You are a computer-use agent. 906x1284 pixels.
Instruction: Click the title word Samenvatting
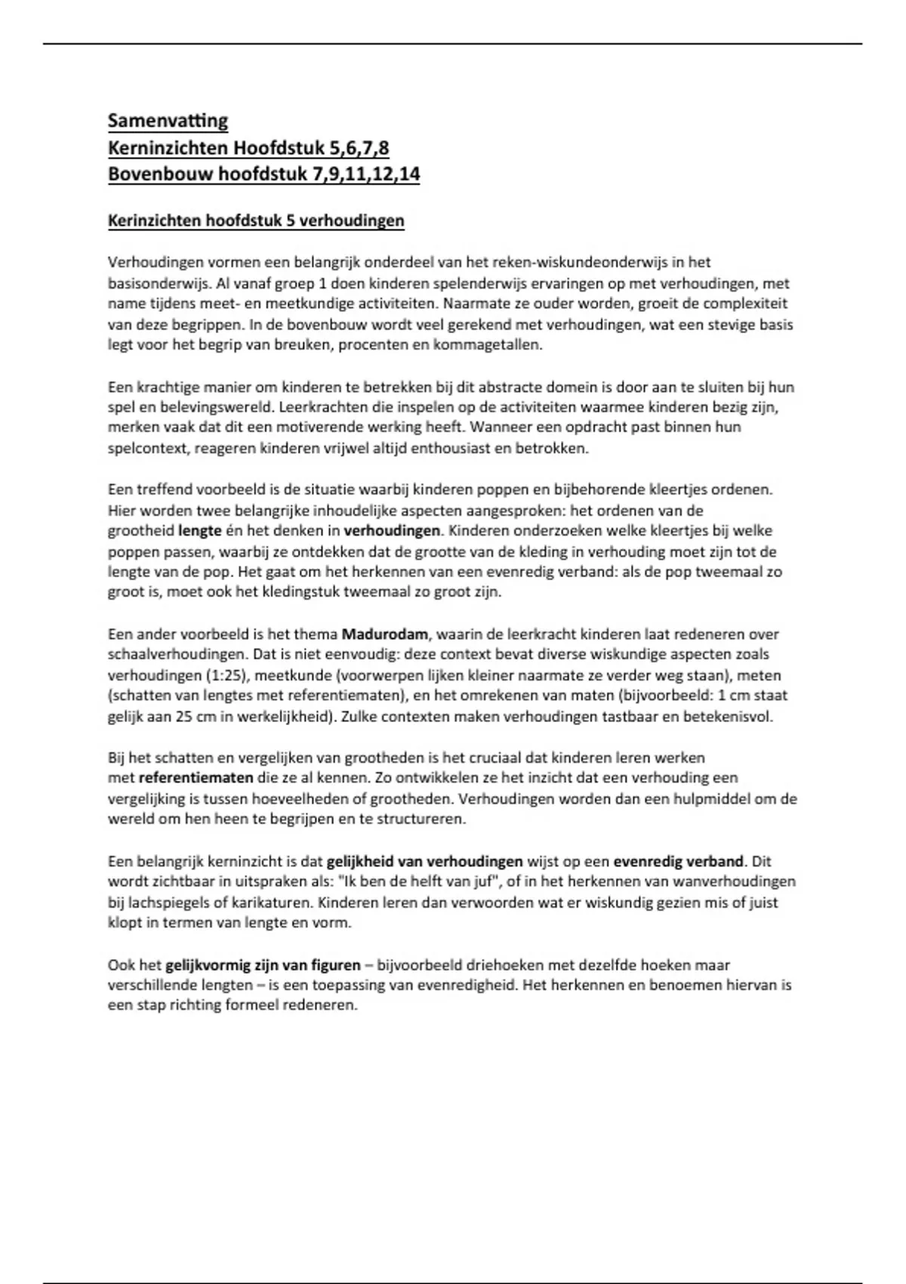pyautogui.click(x=168, y=121)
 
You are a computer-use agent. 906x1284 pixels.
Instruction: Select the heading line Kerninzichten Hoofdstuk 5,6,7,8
pyautogui.click(x=248, y=147)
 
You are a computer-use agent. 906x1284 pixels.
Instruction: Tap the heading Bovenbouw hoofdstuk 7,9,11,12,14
pyautogui.click(x=263, y=174)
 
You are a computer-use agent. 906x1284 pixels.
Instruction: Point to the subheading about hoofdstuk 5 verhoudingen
pyautogui.click(x=256, y=221)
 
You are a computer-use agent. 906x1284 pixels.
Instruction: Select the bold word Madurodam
pyautogui.click(x=384, y=634)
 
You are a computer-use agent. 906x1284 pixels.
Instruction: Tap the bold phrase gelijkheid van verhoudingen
pyautogui.click(x=424, y=861)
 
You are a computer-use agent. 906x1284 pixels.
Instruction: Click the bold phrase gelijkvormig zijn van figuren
pyautogui.click(x=263, y=965)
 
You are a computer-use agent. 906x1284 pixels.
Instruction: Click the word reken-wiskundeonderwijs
pyautogui.click(x=578, y=263)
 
